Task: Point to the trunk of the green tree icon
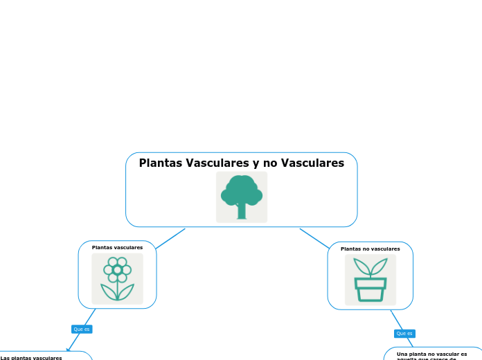pyautogui.click(x=242, y=210)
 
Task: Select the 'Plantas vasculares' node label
pyautogui.click(x=117, y=247)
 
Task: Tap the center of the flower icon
pyautogui.click(x=117, y=269)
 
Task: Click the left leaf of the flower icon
pyautogui.click(x=108, y=291)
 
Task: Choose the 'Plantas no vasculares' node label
pyautogui.click(x=370, y=249)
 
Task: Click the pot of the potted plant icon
pyautogui.click(x=371, y=289)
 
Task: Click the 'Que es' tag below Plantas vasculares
pyautogui.click(x=82, y=329)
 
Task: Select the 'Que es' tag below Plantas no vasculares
pyautogui.click(x=404, y=333)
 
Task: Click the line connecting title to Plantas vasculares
pyautogui.click(x=170, y=238)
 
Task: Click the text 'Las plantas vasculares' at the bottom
pyautogui.click(x=31, y=357)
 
